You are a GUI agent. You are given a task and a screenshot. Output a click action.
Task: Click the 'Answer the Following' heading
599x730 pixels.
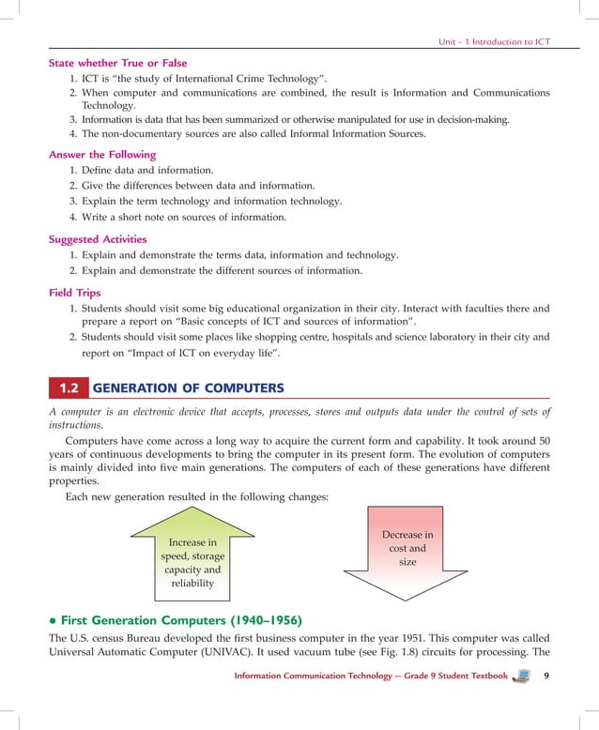[x=102, y=154]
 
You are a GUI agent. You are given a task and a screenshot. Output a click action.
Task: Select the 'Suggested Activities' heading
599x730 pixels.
[x=98, y=239]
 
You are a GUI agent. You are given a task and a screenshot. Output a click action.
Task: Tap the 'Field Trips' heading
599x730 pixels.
[x=75, y=293]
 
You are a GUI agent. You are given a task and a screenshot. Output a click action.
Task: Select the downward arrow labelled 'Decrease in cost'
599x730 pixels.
[x=407, y=554]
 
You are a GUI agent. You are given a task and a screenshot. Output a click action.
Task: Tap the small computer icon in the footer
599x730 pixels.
[x=522, y=676]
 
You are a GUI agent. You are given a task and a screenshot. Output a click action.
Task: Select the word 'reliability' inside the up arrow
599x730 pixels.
[x=192, y=583]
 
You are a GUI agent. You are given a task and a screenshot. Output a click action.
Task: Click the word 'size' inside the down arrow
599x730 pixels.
[x=407, y=562]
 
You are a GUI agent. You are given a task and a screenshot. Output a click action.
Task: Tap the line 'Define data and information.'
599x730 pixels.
[x=147, y=170]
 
